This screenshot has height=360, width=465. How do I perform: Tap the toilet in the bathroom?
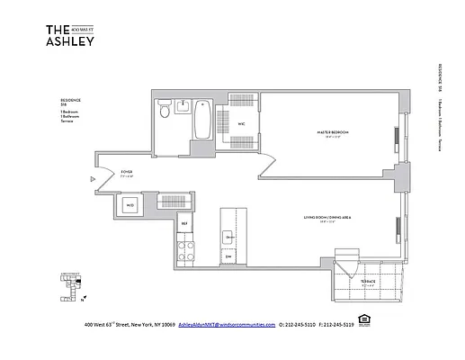163,112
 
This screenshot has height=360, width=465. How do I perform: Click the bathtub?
202,121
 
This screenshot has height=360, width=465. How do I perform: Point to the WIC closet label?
241,124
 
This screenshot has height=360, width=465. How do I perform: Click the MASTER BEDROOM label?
333,132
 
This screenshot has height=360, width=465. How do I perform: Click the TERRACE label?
368,282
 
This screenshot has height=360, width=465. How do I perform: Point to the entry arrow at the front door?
93,178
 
